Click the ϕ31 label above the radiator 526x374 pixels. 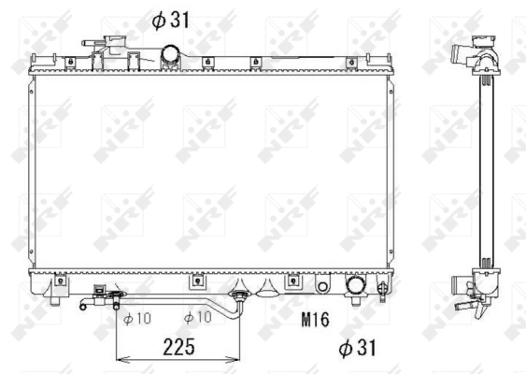point(170,21)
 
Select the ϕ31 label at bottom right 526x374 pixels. point(357,348)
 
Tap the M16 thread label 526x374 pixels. point(316,319)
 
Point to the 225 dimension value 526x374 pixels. point(178,347)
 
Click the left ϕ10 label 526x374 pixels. point(137,319)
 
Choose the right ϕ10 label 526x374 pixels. point(197,317)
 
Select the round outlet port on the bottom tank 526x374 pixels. point(356,285)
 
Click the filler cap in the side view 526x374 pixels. point(484,42)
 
